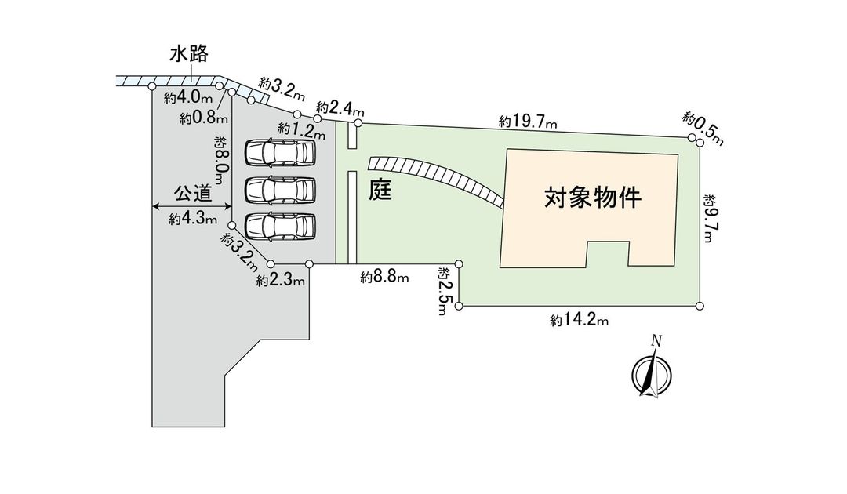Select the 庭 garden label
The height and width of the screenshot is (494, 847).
pos(380,190)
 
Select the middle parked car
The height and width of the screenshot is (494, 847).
pos(280,189)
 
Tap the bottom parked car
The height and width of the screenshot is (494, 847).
pos(280,226)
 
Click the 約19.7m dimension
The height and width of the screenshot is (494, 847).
pos(528,122)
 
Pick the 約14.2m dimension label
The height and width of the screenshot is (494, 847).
pos(580,319)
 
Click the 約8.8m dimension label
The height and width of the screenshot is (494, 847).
pos(385,277)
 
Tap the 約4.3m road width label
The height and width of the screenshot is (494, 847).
pos(192,220)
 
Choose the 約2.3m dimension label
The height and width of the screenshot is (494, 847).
pos(280,280)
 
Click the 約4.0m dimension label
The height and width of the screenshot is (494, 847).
pos(189,99)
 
